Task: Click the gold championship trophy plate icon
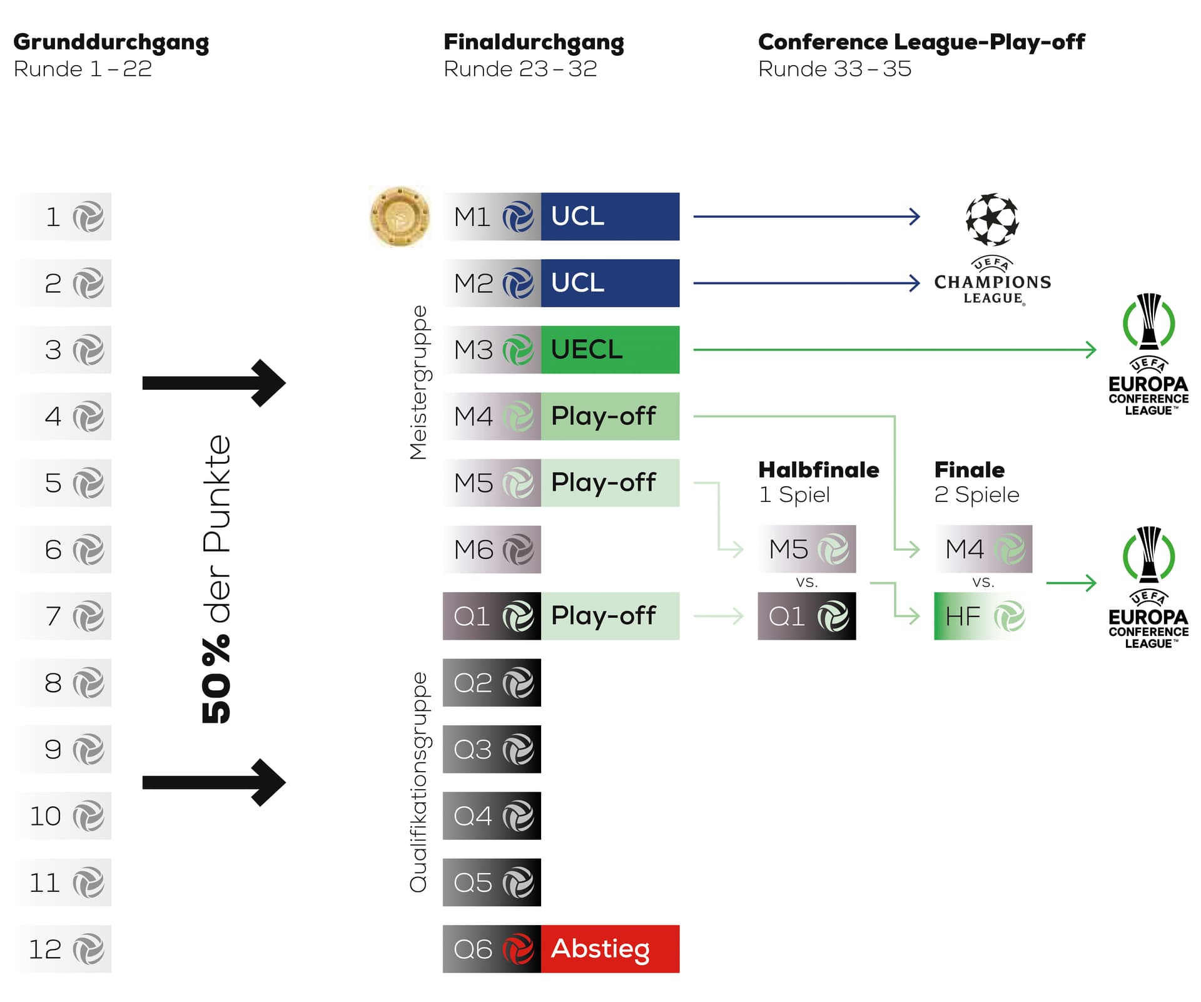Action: [400, 217]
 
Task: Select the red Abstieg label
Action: [609, 948]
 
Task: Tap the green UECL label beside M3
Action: [609, 349]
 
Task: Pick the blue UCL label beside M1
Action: [609, 217]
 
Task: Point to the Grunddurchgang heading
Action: [111, 42]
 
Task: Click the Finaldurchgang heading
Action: [534, 42]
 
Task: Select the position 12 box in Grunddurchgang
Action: [63, 948]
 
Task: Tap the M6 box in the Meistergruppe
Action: [492, 550]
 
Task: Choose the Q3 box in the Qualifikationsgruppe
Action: [492, 749]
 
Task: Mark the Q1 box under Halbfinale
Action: [806, 616]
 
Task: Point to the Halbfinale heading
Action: [818, 470]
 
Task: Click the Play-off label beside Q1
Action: [609, 616]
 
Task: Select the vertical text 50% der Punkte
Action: [216, 579]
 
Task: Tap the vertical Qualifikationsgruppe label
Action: [418, 782]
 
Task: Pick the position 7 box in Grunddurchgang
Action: [63, 616]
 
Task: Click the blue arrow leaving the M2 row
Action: [806, 283]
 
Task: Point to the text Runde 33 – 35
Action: [834, 69]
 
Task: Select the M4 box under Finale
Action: [983, 549]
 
